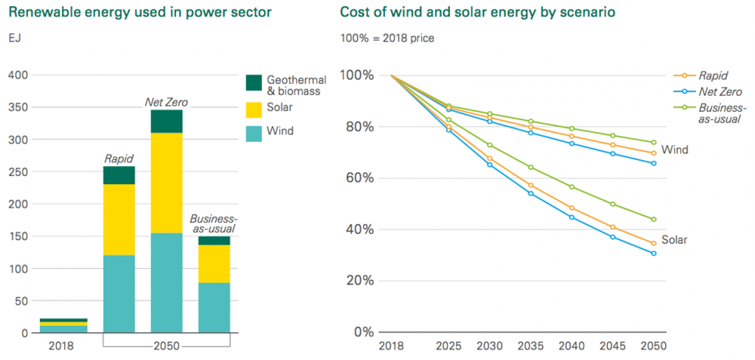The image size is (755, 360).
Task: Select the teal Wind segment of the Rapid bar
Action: tap(119, 294)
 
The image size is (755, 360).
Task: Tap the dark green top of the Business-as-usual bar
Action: tap(214, 241)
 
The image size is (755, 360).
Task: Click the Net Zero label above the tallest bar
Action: tap(166, 101)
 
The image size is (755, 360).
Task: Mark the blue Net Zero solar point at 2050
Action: tap(653, 254)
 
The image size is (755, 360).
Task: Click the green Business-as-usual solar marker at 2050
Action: tap(653, 220)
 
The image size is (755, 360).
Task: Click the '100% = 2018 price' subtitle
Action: tap(387, 38)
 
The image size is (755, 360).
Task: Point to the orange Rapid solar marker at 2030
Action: tap(490, 158)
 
